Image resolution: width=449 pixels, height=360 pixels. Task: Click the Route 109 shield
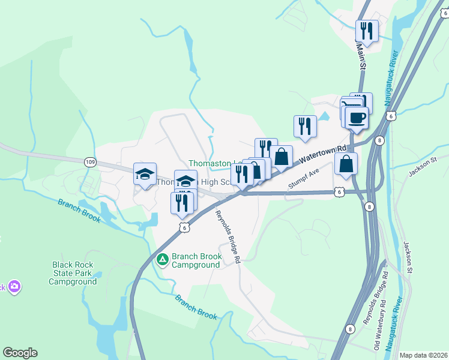tap(90, 162)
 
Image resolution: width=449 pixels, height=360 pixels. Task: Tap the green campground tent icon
tap(162, 260)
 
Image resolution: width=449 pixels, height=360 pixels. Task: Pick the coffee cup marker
tap(357, 118)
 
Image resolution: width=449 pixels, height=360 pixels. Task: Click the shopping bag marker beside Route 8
tap(346, 164)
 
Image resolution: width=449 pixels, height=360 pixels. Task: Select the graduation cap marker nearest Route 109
tap(145, 174)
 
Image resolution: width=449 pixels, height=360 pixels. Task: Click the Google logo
tap(20, 353)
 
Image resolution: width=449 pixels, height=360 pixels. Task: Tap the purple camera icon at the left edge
tap(14, 287)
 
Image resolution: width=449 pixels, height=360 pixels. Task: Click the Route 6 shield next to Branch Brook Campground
tap(184, 227)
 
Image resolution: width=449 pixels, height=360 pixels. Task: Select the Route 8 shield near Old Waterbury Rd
tap(350, 329)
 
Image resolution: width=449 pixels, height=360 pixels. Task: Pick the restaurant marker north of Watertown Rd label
tap(305, 126)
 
